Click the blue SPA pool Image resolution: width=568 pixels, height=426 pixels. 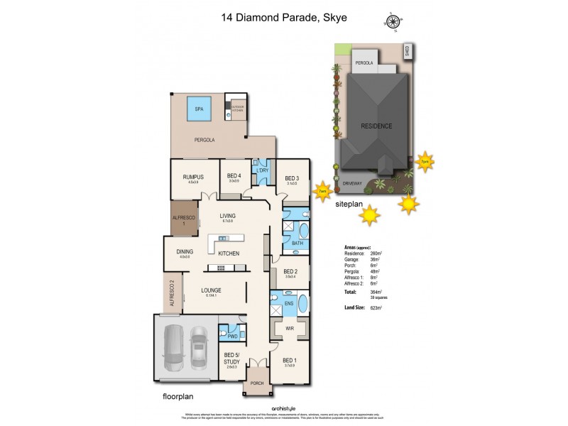197,110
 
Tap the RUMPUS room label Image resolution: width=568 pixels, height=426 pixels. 193,177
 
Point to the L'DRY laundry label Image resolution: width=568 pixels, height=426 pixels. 262,171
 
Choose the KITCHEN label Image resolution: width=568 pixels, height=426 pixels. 229,253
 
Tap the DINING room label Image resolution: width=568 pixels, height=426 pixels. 184,251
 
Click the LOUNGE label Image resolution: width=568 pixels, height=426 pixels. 211,290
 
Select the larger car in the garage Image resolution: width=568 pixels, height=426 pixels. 174,349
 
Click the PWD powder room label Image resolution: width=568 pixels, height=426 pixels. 232,336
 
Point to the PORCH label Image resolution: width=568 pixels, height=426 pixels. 257,383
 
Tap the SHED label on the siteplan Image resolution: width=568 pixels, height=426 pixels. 407,51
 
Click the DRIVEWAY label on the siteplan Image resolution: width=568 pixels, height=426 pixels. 352,182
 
